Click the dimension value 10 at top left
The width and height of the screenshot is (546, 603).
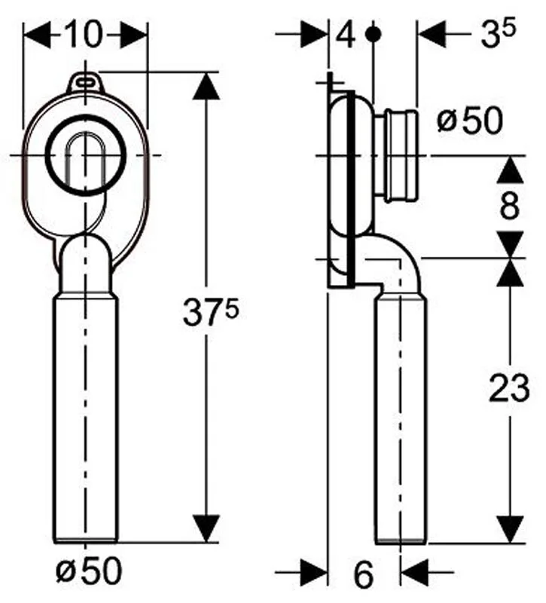click(85, 35)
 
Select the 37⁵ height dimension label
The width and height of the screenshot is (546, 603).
click(210, 313)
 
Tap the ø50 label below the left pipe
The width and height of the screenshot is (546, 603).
click(89, 571)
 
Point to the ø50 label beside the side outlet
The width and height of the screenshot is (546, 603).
click(469, 121)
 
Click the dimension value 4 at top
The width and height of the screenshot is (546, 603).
click(346, 35)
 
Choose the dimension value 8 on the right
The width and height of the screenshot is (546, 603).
click(510, 206)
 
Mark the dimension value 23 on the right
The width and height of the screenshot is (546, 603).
click(509, 387)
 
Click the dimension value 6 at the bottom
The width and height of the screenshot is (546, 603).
click(363, 574)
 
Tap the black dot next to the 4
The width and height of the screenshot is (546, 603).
click(374, 34)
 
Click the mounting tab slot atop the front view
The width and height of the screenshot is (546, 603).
click(85, 81)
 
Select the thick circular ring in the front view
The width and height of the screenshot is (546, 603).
click(85, 155)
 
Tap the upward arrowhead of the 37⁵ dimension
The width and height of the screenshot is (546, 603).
click(206, 86)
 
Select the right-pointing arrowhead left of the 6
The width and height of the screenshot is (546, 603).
click(314, 572)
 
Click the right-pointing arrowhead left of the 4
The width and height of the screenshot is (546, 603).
click(314, 34)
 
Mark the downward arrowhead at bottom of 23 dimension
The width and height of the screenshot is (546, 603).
click(511, 530)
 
